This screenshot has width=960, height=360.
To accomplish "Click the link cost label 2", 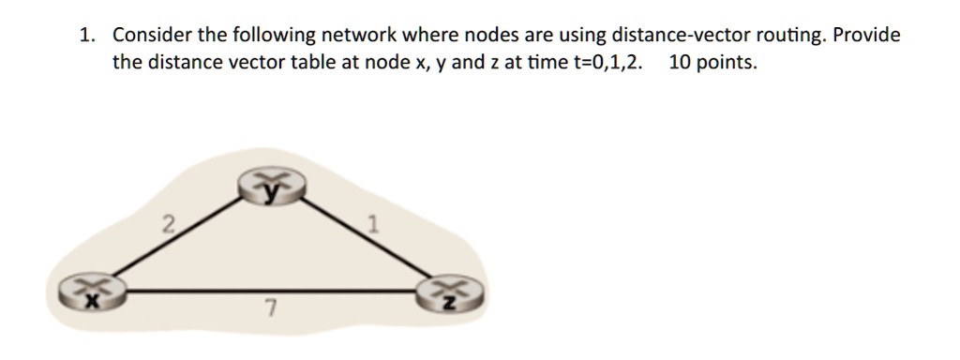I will tap(167, 223).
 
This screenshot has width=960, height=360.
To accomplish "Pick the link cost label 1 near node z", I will tap(373, 224).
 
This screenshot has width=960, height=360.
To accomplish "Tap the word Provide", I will tap(866, 36).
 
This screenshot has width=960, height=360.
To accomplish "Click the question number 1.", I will tap(86, 36).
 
